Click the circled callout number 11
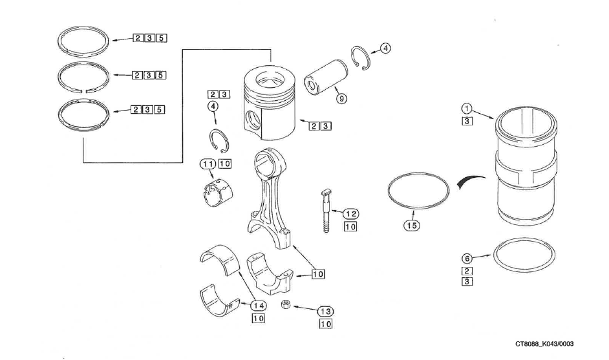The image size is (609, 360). click(208, 164)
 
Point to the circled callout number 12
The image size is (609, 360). click(350, 214)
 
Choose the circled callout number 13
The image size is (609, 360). click(325, 311)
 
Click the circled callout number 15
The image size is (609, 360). click(412, 225)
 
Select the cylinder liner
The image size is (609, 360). click(524, 171)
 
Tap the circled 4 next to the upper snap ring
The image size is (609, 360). click(385, 48)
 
